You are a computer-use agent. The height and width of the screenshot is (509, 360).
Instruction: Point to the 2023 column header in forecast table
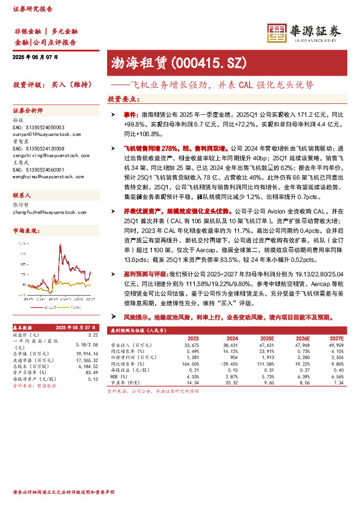(x=193, y=339)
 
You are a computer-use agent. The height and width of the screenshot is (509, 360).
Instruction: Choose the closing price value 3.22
(x=93, y=334)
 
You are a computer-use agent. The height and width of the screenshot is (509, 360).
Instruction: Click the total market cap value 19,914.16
(x=87, y=354)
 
